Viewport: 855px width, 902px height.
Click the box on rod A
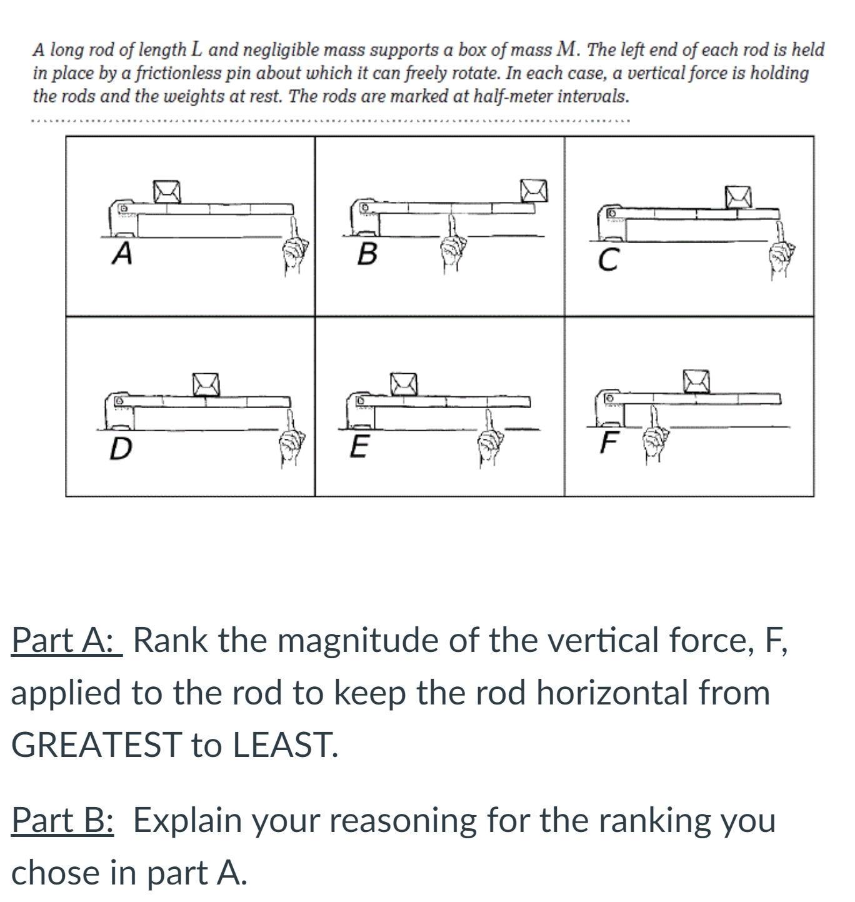tap(167, 192)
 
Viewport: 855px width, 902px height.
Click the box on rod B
tap(535, 191)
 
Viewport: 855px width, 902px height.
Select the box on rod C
tap(738, 197)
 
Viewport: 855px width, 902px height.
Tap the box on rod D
tap(206, 384)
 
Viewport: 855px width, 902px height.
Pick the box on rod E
tap(403, 384)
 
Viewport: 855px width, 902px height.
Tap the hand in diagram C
tap(779, 253)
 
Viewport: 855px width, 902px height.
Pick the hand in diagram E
tap(490, 441)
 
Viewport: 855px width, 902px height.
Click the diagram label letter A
tap(122, 253)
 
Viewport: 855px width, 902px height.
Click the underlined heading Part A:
tap(66, 639)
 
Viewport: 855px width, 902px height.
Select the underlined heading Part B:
tap(62, 820)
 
